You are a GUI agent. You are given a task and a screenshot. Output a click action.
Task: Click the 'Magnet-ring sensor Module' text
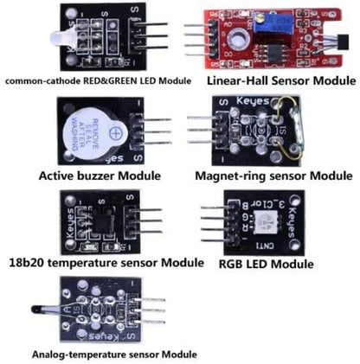coord(273,176)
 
